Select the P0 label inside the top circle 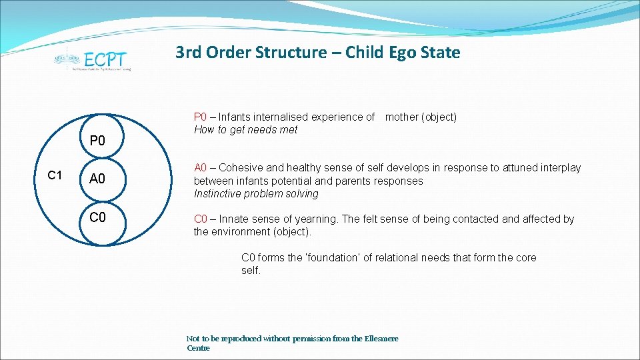click(98, 141)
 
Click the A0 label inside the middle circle click(98, 179)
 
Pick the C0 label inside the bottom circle click(98, 217)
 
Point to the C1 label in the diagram click(55, 175)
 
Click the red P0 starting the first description click(201, 117)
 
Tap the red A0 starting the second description click(201, 168)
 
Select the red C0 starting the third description click(201, 219)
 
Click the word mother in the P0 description click(402, 117)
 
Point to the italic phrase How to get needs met click(246, 130)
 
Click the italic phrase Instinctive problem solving click(256, 194)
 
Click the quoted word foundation click(334, 258)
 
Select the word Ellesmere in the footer click(379, 339)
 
